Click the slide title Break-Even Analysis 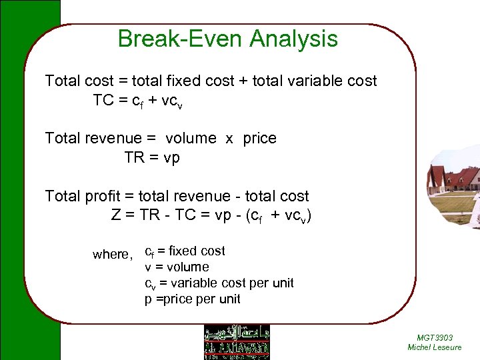[227, 39]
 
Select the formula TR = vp [152, 158]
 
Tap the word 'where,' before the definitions [113, 254]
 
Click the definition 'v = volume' [177, 267]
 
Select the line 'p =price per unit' [193, 299]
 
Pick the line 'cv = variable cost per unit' [219, 283]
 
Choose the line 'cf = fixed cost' [185, 251]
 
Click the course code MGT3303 [434, 337]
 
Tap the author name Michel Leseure [434, 347]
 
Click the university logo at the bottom [237, 342]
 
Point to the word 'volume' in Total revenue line [191, 139]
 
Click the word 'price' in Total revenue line [259, 139]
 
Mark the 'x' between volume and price [229, 139]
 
